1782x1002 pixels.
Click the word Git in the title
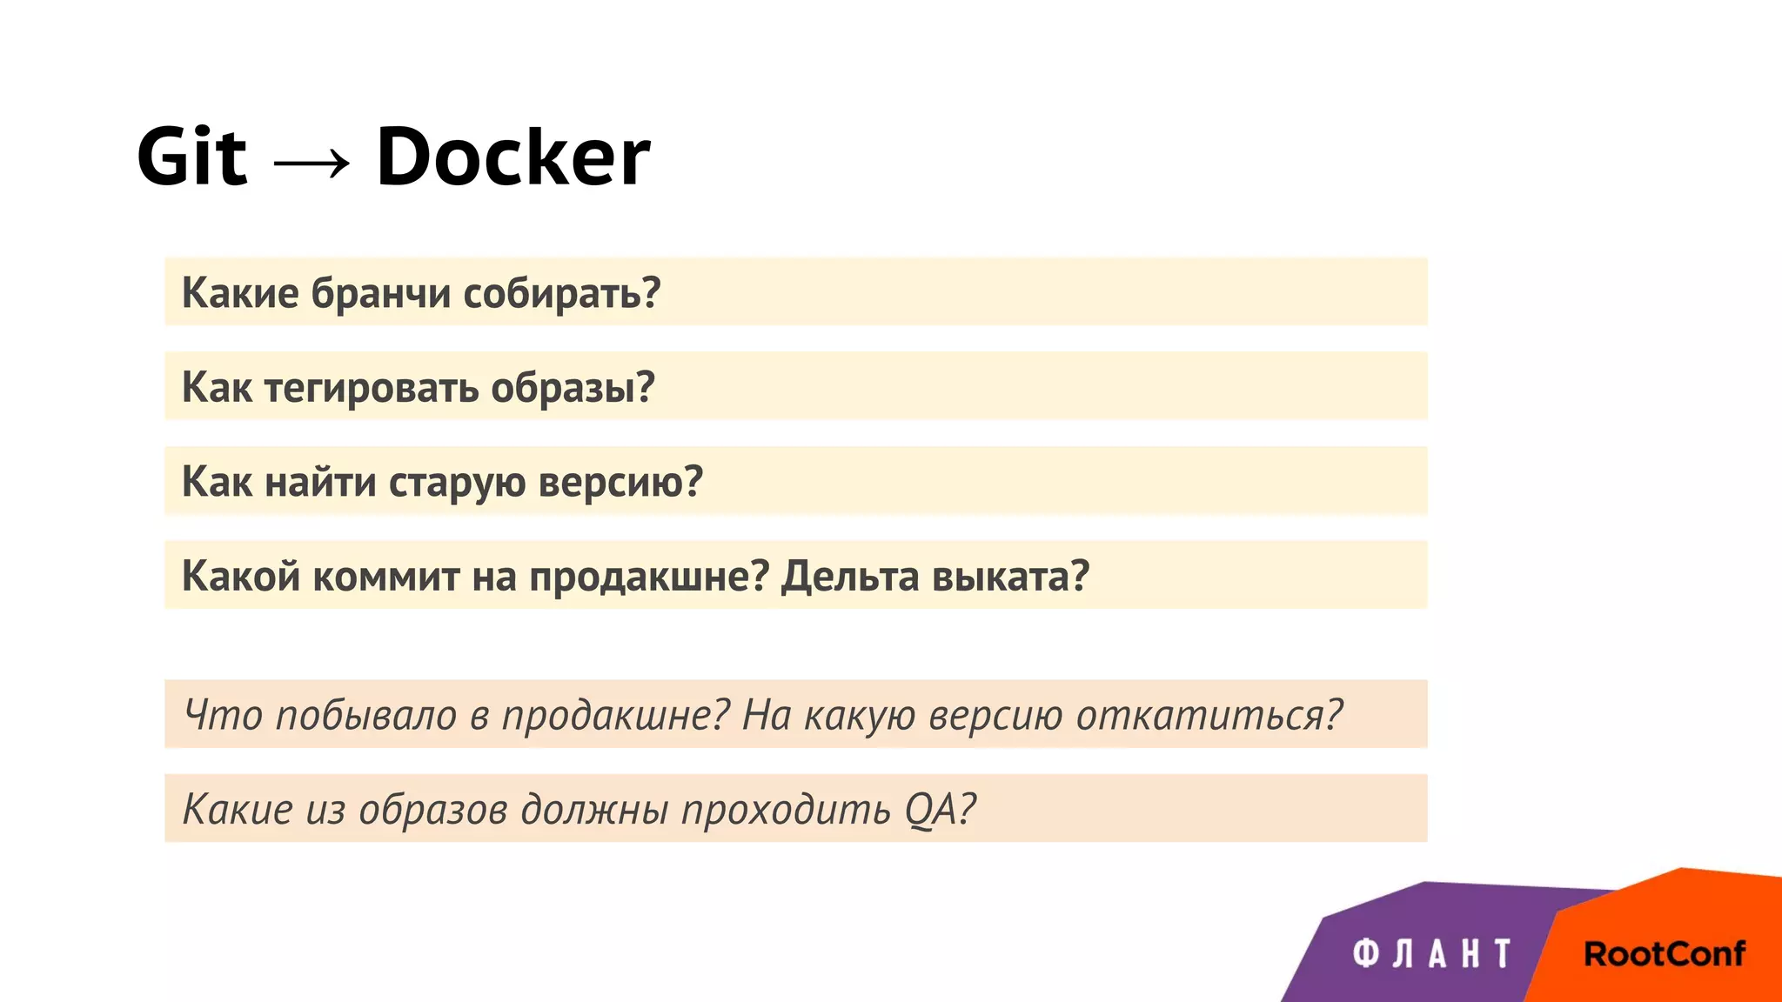191,157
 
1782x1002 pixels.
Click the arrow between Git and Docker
312,162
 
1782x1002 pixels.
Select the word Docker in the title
512,157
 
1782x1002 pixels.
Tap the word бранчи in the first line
381,293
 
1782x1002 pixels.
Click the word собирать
561,293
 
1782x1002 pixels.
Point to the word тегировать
371,388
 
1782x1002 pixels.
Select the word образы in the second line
572,388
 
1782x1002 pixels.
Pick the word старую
457,482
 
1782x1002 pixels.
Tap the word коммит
386,576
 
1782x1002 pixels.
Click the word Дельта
849,576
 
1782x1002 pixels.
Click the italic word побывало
365,715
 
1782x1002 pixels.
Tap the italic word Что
223,715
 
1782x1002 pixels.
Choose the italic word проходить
786,809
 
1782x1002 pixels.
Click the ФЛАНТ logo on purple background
1431,954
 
